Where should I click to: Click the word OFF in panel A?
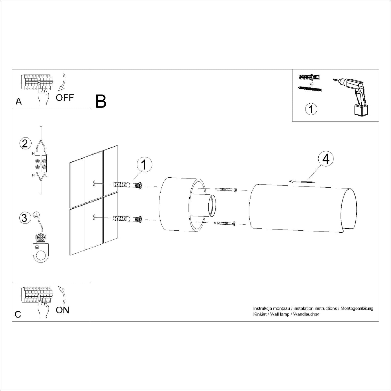tap(65, 98)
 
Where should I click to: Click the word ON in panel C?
tap(63, 310)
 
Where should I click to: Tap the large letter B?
tap(101, 101)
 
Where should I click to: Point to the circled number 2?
tap(25, 144)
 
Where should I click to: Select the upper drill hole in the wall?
tap(94, 183)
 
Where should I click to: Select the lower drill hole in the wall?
tap(94, 217)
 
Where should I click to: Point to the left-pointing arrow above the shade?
tap(302, 181)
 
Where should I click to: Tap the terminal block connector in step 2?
tap(41, 164)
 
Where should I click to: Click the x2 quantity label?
tap(311, 84)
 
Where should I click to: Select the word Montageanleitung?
tap(357, 309)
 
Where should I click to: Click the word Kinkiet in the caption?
tap(260, 314)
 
